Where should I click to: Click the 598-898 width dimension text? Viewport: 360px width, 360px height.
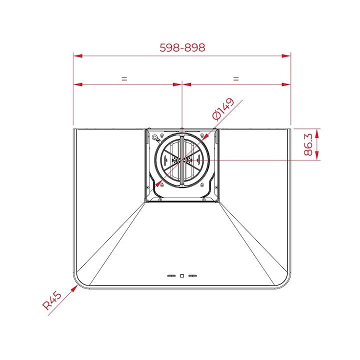click(182, 47)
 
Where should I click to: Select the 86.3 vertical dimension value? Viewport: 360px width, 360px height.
click(308, 144)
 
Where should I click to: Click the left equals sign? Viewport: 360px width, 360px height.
click(124, 78)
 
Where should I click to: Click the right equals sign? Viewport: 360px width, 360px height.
click(236, 78)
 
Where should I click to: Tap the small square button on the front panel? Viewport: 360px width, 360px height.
click(182, 275)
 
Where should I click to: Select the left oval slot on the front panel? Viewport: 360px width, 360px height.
click(171, 275)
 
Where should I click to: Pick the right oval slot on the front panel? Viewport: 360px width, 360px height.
click(192, 275)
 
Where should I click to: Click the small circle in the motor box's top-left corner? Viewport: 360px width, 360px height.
click(155, 138)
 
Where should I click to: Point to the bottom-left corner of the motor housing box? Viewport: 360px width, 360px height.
click(145, 201)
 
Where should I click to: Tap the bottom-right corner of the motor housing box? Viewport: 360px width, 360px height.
click(218, 201)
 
